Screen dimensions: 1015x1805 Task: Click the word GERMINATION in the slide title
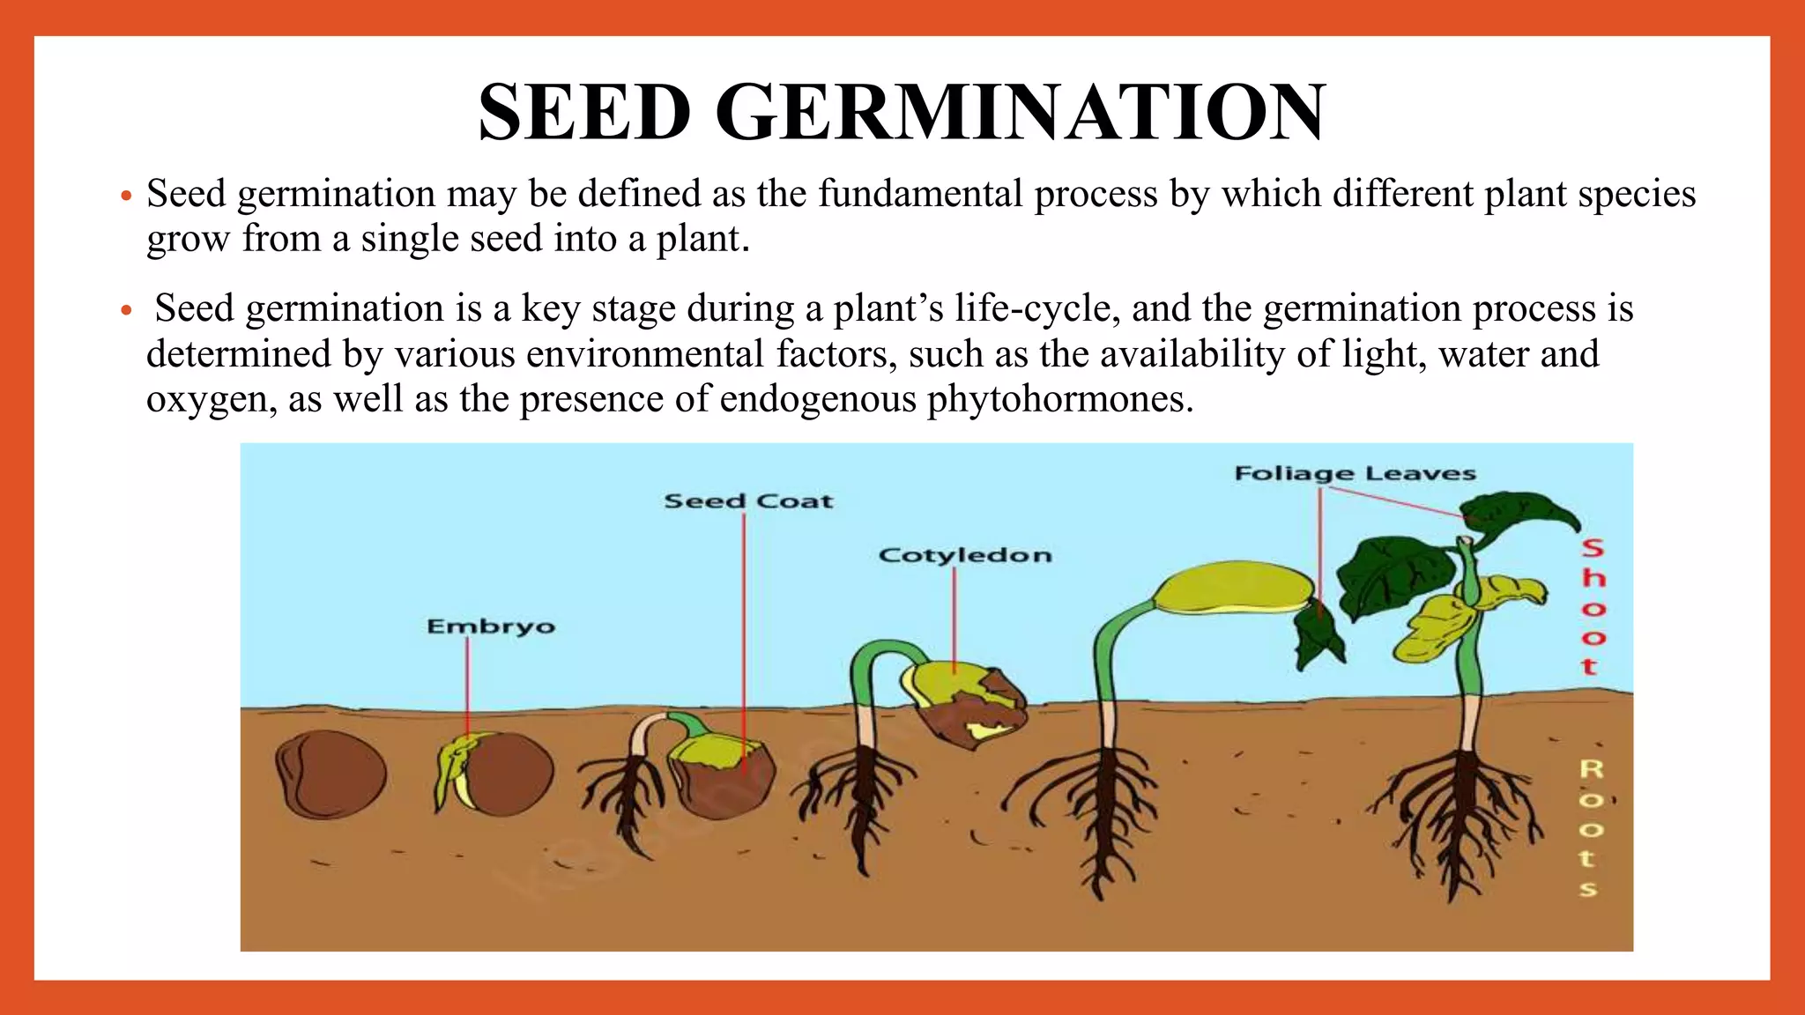(x=1020, y=113)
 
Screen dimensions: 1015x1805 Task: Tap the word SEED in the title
(x=584, y=113)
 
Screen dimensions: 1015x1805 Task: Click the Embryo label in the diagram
(x=491, y=626)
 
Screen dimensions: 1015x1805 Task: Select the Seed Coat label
(x=747, y=501)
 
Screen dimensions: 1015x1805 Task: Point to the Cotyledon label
(x=965, y=555)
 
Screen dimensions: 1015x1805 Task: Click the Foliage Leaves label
(x=1355, y=473)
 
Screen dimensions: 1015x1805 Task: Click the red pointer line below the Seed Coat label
(x=744, y=634)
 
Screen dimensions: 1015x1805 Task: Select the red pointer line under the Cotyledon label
(x=954, y=617)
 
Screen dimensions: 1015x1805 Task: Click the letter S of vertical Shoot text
(x=1592, y=548)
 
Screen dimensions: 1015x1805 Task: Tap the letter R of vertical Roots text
(x=1590, y=769)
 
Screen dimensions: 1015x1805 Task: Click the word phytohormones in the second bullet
(x=1059, y=399)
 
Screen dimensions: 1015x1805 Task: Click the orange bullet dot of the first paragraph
(x=126, y=196)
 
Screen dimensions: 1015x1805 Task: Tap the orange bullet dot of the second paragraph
(x=126, y=310)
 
